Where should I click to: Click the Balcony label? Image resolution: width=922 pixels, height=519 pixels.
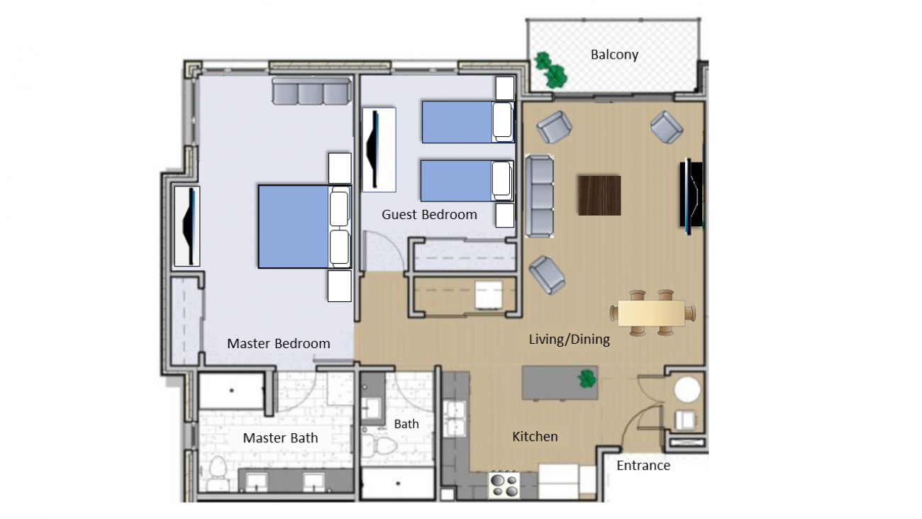614,55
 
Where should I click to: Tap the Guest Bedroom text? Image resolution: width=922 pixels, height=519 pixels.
429,214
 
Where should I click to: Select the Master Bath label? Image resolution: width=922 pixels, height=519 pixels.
280,438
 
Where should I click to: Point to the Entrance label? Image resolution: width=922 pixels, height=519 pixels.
643,466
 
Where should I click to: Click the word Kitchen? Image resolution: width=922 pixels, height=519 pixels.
535,436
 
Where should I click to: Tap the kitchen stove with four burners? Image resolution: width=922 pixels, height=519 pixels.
505,485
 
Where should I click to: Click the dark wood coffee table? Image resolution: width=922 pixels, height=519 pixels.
599,196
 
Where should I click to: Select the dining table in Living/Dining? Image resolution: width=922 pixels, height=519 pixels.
652,313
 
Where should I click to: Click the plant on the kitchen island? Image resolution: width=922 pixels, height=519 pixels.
587,379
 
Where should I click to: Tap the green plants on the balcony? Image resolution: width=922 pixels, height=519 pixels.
551,70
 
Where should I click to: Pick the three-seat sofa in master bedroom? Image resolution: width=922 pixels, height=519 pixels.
311,91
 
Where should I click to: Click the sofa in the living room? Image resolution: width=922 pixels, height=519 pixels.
539,196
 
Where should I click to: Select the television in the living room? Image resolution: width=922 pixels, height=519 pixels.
691,196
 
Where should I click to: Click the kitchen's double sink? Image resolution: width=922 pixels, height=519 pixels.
455,418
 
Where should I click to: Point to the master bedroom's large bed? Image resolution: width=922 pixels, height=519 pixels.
304,227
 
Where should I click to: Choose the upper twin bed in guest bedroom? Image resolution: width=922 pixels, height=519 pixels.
468,122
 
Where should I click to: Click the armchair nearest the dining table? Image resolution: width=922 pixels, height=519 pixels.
547,275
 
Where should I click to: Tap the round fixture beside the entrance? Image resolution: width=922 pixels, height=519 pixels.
687,389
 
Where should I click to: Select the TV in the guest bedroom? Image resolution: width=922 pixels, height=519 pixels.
379,150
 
